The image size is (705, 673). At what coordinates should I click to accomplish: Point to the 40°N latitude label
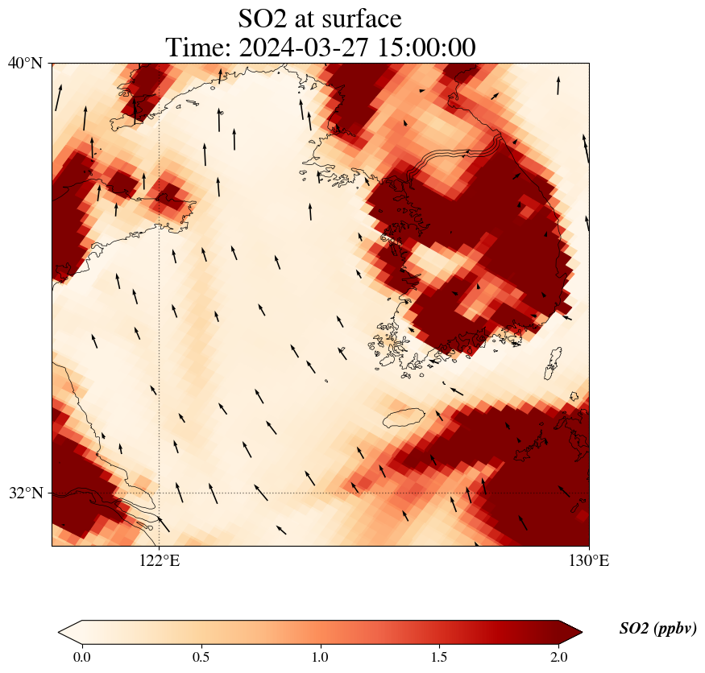tap(26, 63)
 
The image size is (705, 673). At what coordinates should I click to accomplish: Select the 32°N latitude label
tap(26, 493)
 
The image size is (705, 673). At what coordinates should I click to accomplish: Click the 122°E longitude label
tap(159, 560)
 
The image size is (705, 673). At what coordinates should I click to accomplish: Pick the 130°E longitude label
tap(589, 560)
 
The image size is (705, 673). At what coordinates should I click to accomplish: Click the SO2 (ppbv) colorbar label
tap(657, 629)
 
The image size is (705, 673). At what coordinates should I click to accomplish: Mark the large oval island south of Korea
tap(404, 419)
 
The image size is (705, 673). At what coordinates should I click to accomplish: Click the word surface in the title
tap(359, 18)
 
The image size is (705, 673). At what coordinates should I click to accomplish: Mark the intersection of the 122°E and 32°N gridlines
tap(159, 493)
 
